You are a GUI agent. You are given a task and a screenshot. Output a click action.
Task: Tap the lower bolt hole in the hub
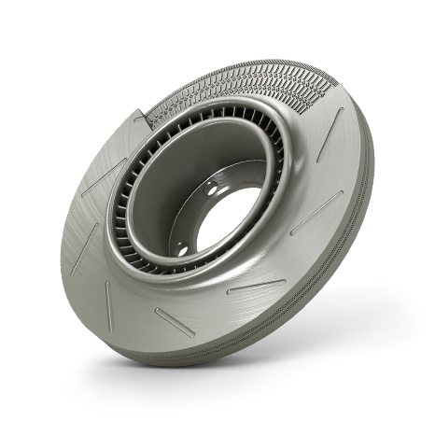(181, 247)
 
